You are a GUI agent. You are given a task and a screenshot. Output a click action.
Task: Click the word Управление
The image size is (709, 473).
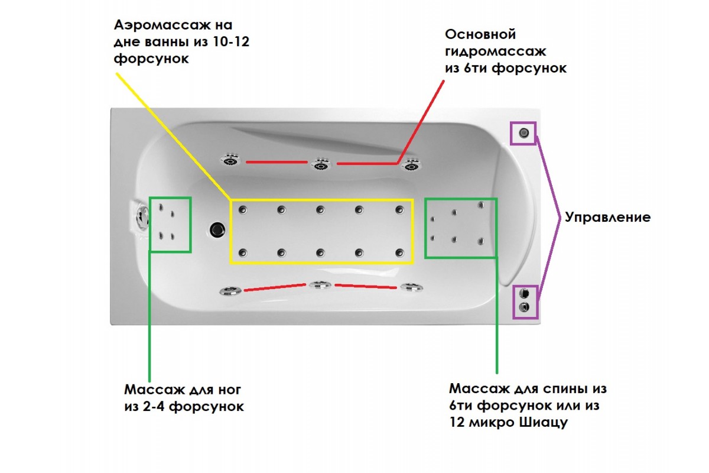point(607,217)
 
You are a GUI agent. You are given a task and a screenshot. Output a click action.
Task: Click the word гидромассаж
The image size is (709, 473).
point(496,51)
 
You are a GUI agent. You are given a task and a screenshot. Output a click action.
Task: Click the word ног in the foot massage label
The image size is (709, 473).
point(229,390)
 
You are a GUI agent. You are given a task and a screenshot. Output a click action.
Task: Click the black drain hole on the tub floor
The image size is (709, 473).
point(217,229)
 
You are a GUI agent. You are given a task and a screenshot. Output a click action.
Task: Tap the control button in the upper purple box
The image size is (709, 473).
point(523,133)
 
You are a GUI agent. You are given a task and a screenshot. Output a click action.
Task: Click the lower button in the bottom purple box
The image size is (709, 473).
point(523,307)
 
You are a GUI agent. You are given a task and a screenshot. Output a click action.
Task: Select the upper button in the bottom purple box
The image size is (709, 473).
point(523,293)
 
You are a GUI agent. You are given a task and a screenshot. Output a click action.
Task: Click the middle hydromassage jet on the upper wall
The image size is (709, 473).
point(321,164)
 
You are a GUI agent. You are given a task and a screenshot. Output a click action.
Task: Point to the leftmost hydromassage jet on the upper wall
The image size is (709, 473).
point(230,160)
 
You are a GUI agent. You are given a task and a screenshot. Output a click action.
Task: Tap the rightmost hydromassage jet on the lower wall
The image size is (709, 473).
point(411,288)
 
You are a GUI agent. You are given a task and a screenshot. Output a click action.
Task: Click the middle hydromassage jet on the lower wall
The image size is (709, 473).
point(320,286)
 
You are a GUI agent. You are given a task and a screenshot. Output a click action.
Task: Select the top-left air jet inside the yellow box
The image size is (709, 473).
point(242,209)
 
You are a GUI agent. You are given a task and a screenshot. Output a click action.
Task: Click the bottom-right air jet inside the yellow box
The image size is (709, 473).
point(399,252)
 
